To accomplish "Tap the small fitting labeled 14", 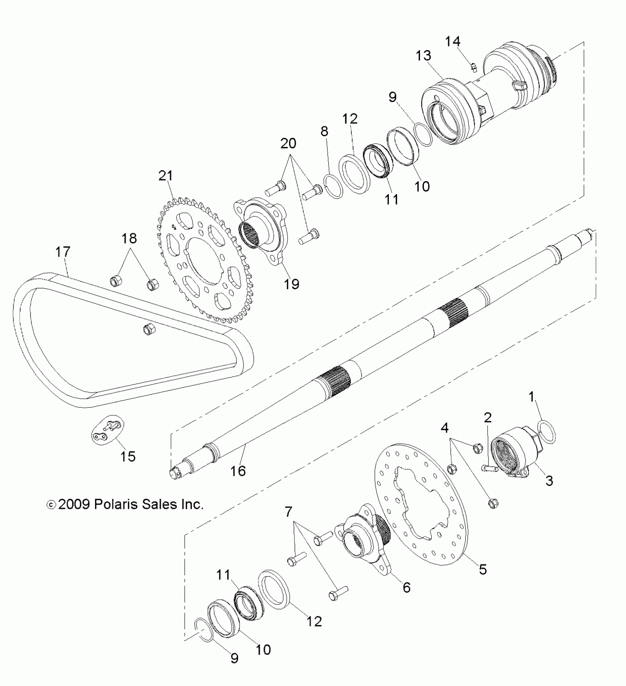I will [474, 67].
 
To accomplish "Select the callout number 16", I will [238, 470].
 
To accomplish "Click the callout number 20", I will [288, 143].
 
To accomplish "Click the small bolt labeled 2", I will [490, 468].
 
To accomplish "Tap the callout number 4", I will [445, 428].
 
